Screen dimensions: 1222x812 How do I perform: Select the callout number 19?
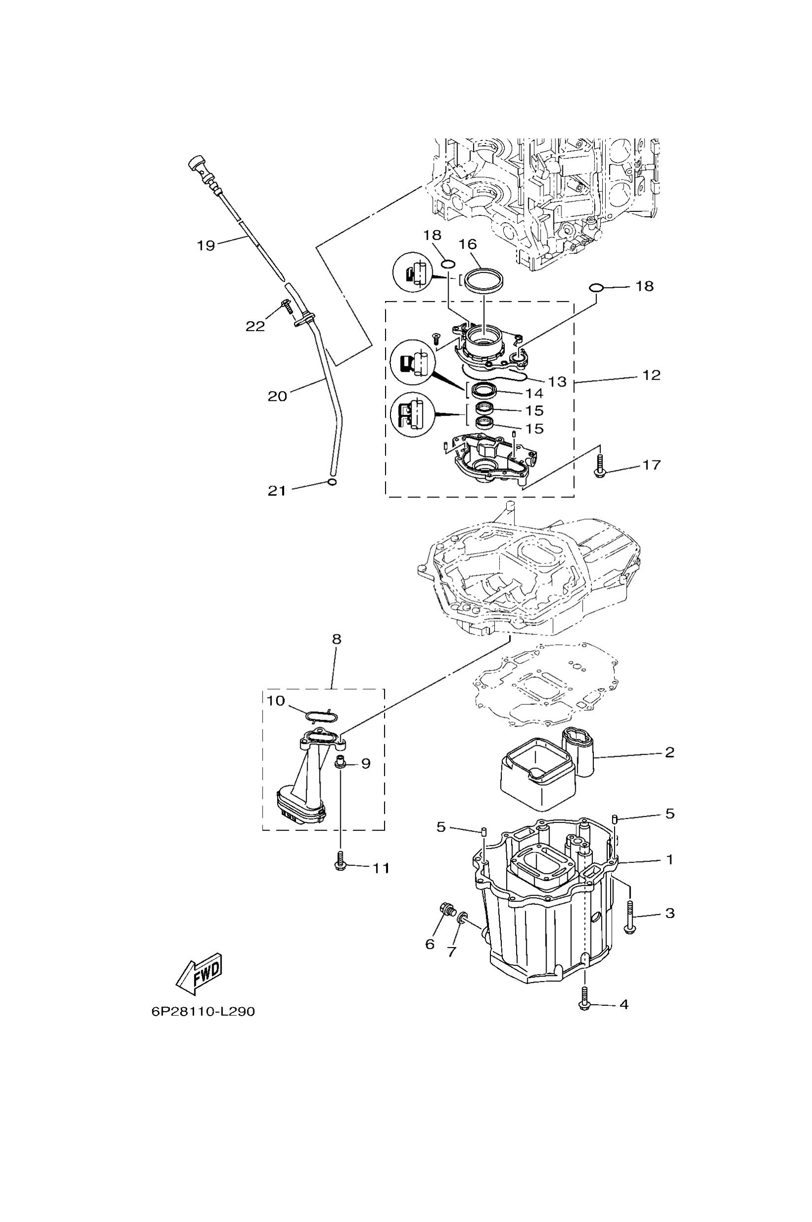pos(206,245)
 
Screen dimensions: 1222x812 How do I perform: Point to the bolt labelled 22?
pos(287,307)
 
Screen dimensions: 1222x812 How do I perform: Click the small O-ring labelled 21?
pos(332,482)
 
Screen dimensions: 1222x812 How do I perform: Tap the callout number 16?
pos(468,243)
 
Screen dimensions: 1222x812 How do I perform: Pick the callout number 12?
pos(651,375)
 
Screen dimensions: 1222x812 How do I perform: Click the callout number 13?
pos(557,382)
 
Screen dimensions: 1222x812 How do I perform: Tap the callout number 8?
pos(337,639)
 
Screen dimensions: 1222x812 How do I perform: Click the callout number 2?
pos(670,752)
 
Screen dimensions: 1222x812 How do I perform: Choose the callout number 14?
pos(534,394)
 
